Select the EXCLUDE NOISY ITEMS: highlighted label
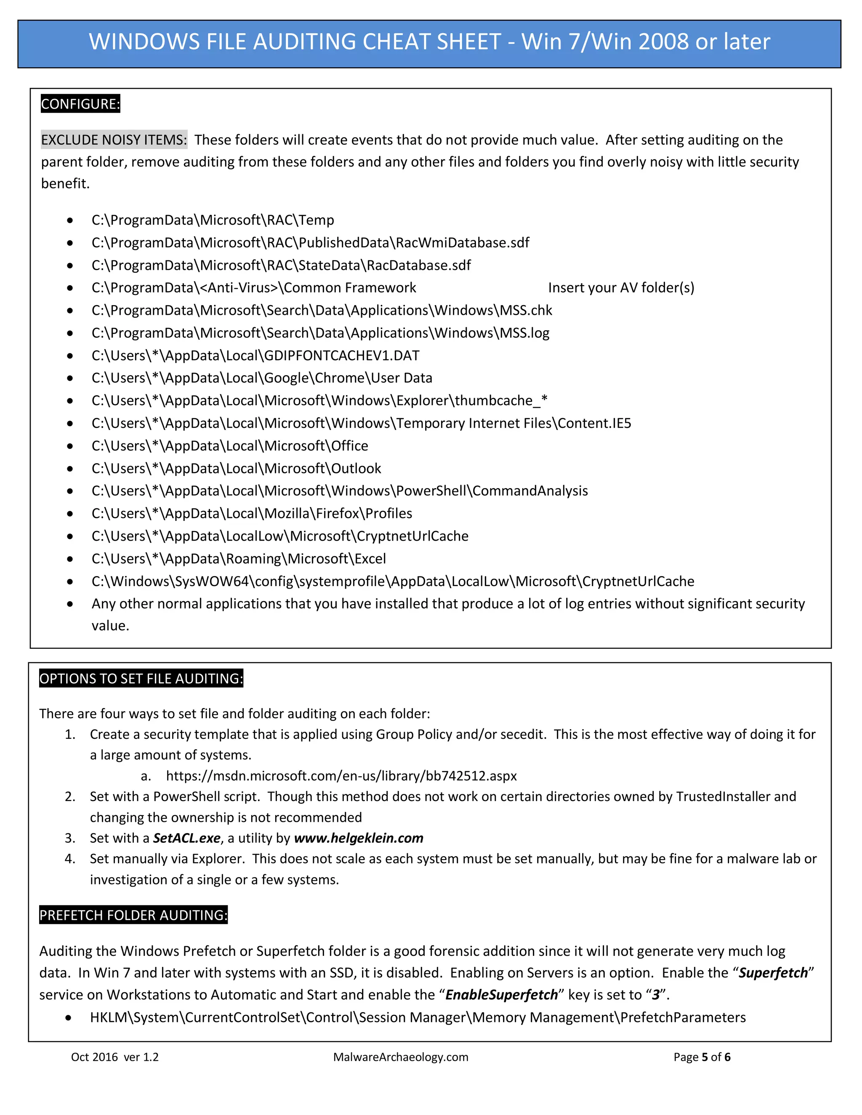coord(114,140)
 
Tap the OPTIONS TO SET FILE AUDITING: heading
coord(141,679)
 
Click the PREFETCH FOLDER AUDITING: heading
coord(133,915)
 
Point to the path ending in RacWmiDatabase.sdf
coord(310,242)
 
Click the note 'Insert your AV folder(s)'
coord(621,287)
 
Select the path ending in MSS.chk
coord(322,311)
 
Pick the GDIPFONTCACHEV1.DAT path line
coord(255,356)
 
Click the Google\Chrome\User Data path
coord(261,378)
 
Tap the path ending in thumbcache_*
coord(319,401)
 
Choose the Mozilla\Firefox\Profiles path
coord(252,514)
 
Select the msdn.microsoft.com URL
coord(341,776)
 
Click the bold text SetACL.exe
coord(187,838)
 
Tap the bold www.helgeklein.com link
coord(359,838)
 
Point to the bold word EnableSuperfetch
coord(501,995)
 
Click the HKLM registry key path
coord(418,1017)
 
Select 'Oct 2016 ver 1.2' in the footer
coord(115,1057)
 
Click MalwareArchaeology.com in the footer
coord(400,1057)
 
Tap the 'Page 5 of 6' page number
coord(702,1057)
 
